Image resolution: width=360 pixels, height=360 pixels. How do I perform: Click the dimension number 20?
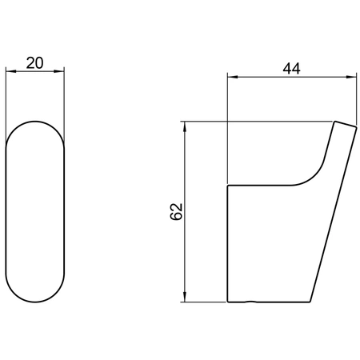[x=34, y=63]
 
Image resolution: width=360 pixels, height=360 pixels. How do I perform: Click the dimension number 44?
[x=291, y=69]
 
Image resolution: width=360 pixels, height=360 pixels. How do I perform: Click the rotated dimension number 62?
[x=176, y=211]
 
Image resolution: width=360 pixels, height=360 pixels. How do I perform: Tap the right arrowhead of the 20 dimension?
[x=59, y=71]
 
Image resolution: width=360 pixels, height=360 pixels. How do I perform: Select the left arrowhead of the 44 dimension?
[x=233, y=77]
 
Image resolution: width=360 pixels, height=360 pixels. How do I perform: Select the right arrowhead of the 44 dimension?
[x=351, y=77]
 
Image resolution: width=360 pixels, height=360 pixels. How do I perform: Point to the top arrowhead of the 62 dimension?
[x=185, y=127]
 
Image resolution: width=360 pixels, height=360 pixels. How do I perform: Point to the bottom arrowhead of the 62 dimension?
[x=185, y=297]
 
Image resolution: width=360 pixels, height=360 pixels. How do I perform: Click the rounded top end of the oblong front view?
[x=35, y=122]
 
